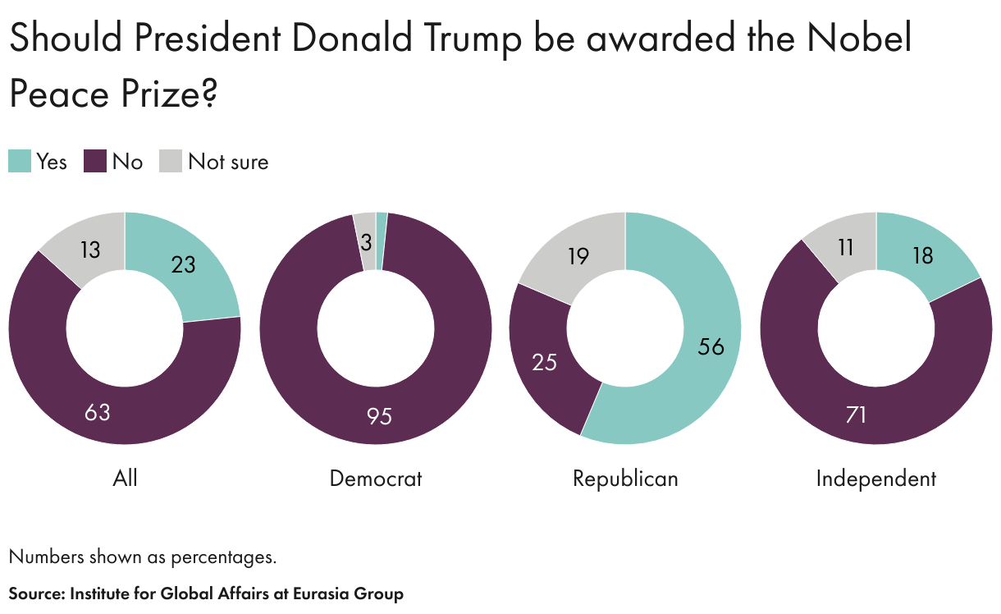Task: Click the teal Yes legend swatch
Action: click(x=20, y=161)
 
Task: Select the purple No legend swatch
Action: click(x=96, y=161)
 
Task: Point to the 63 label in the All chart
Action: click(x=97, y=411)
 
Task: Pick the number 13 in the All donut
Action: click(x=90, y=250)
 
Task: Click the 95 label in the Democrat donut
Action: click(x=379, y=416)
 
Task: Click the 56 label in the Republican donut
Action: click(x=711, y=346)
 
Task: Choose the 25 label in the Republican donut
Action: click(x=545, y=361)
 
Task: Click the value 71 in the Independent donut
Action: click(x=856, y=415)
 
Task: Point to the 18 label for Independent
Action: click(x=921, y=256)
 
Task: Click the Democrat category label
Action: click(x=376, y=479)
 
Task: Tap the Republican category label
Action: click(x=625, y=479)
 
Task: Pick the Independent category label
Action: click(x=876, y=479)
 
